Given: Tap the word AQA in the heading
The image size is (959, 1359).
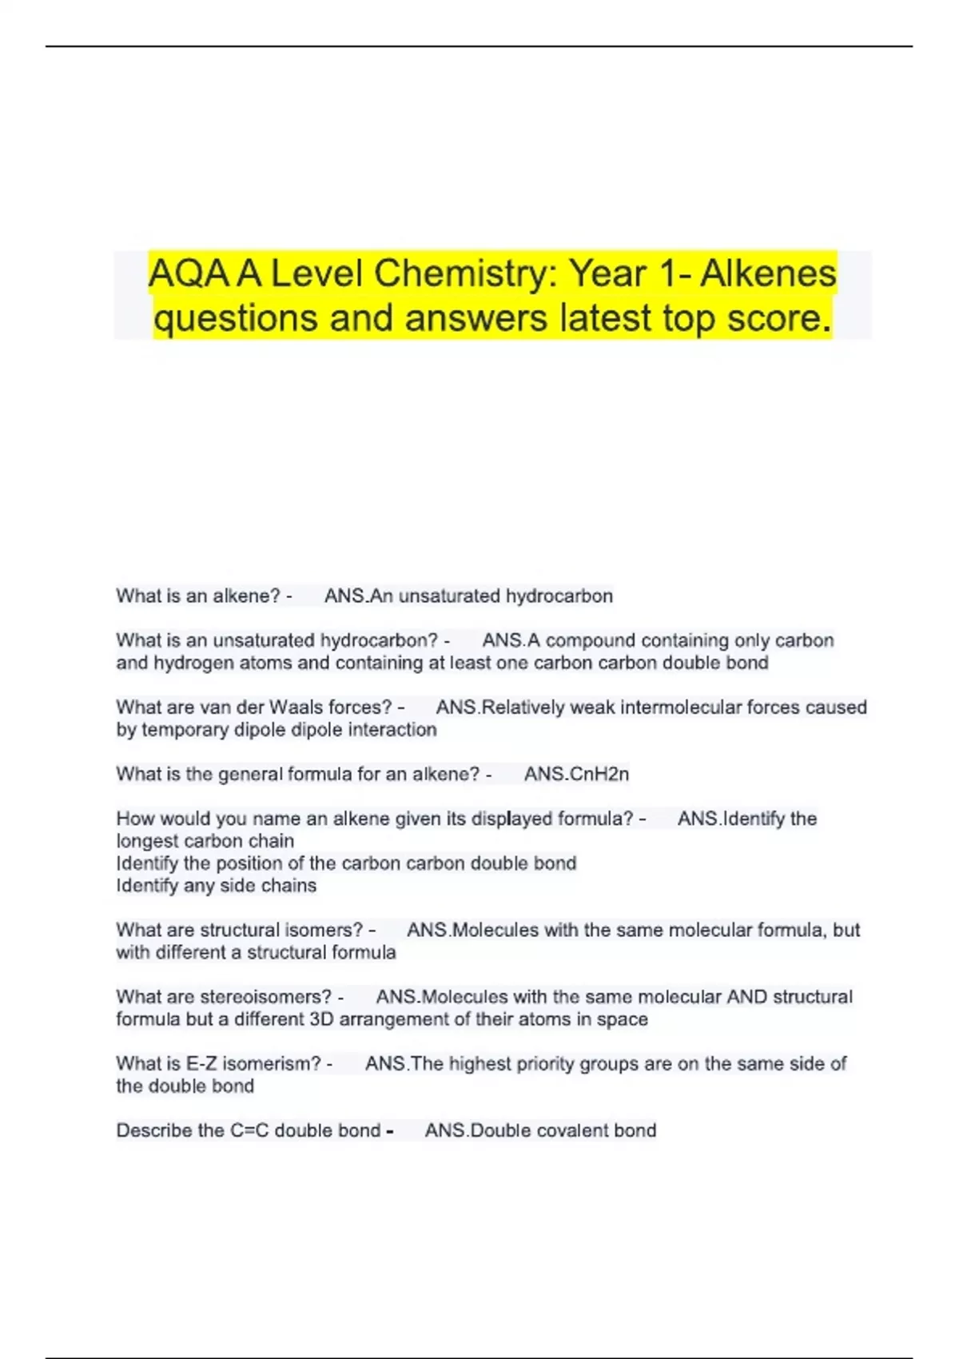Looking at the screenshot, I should pos(189,274).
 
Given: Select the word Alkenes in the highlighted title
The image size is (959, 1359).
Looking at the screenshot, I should pos(768,274).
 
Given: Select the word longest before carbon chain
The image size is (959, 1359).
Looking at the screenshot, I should pos(147,841).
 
